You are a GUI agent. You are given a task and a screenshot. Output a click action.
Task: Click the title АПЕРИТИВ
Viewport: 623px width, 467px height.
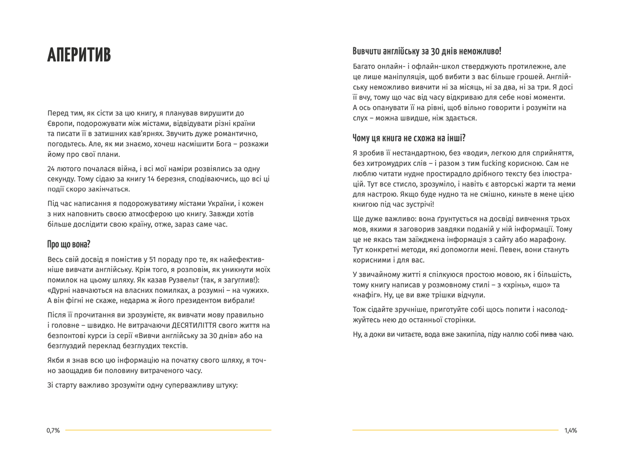pos(79,55)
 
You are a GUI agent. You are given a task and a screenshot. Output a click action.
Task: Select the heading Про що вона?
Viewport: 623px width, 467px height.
pos(69,244)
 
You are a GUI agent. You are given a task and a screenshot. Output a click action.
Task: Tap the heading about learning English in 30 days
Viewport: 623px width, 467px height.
pos(427,51)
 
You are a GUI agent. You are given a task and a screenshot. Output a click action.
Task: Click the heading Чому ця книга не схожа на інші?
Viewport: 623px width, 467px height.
pos(409,138)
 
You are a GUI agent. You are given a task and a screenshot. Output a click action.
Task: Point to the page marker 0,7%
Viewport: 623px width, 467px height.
pos(53,431)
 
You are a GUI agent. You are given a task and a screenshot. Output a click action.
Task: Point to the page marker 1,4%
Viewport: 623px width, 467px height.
pos(570,431)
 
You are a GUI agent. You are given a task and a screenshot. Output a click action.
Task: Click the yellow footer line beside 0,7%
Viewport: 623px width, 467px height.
pos(168,430)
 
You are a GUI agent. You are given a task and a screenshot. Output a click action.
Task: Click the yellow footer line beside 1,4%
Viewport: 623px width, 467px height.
pos(455,430)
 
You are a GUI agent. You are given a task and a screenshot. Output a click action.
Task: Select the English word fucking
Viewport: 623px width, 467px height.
pos(494,163)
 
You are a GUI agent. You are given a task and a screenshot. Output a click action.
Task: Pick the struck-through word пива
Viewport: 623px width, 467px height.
pos(549,335)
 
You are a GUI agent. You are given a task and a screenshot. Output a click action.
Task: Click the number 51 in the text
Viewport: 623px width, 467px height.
pos(152,260)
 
